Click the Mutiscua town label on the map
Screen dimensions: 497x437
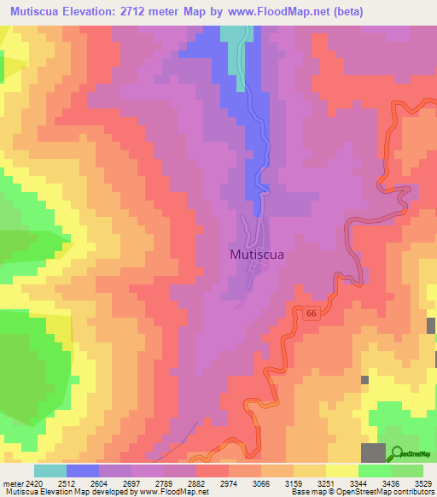257,254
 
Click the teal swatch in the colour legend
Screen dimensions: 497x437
50,471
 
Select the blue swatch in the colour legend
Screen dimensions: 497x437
83,471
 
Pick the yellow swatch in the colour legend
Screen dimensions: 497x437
342,471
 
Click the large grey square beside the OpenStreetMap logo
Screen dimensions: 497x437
373,453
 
